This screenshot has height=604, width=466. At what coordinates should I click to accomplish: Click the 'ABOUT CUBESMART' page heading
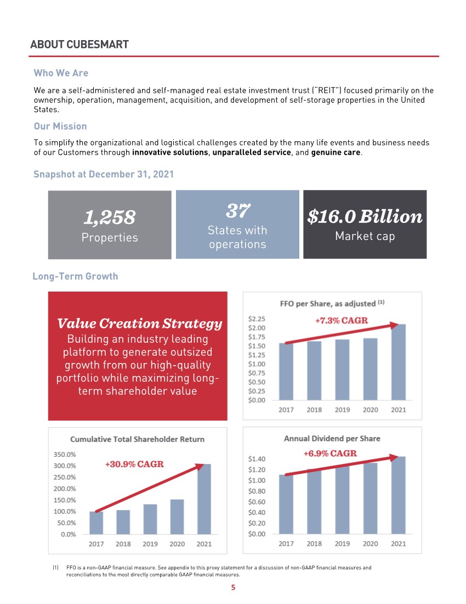tap(79, 44)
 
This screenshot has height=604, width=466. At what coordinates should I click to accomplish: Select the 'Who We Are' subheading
tap(61, 73)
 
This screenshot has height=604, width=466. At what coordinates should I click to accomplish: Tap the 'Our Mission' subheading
tap(60, 126)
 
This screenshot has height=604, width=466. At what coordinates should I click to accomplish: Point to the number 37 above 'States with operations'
tap(237, 210)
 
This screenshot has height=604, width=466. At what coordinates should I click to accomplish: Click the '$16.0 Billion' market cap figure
tap(365, 216)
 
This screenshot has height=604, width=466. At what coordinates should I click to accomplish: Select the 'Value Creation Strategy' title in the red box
tap(139, 324)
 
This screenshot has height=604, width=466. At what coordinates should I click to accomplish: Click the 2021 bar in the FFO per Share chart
tap(398, 362)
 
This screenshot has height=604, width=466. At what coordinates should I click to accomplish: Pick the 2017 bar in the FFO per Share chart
tap(286, 372)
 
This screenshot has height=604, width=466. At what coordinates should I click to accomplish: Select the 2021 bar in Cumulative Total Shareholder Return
tap(204, 499)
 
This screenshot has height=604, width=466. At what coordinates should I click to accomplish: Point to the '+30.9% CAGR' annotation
tap(134, 464)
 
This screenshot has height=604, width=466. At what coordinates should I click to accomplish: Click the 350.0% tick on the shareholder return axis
tap(65, 454)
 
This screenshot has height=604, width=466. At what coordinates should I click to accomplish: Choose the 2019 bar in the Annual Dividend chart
tap(342, 500)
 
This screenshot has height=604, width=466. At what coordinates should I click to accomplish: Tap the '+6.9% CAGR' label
tap(331, 454)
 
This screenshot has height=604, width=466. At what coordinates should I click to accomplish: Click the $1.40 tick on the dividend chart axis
tap(257, 458)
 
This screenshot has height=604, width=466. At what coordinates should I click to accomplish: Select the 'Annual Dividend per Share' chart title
tap(332, 438)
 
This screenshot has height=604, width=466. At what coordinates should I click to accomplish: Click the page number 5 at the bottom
tap(233, 588)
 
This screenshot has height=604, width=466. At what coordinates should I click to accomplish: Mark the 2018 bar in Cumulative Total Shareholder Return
tap(123, 522)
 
